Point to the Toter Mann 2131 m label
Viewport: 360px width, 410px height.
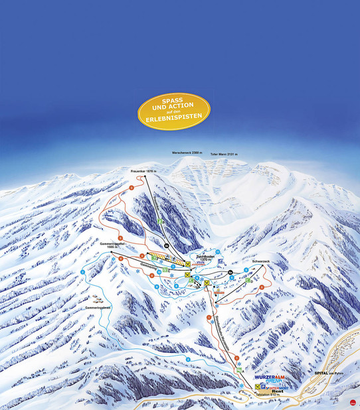coord(224,154)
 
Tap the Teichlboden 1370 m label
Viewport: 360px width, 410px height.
coord(202,257)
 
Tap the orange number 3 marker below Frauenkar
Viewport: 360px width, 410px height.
coord(132,190)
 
